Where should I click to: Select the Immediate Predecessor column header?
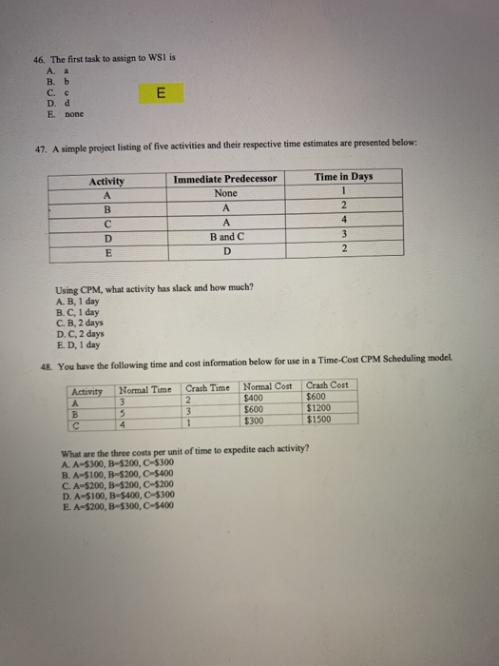[225, 178]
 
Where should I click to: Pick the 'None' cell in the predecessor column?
[225, 192]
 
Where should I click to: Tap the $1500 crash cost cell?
[319, 420]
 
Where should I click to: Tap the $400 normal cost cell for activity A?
[255, 398]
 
